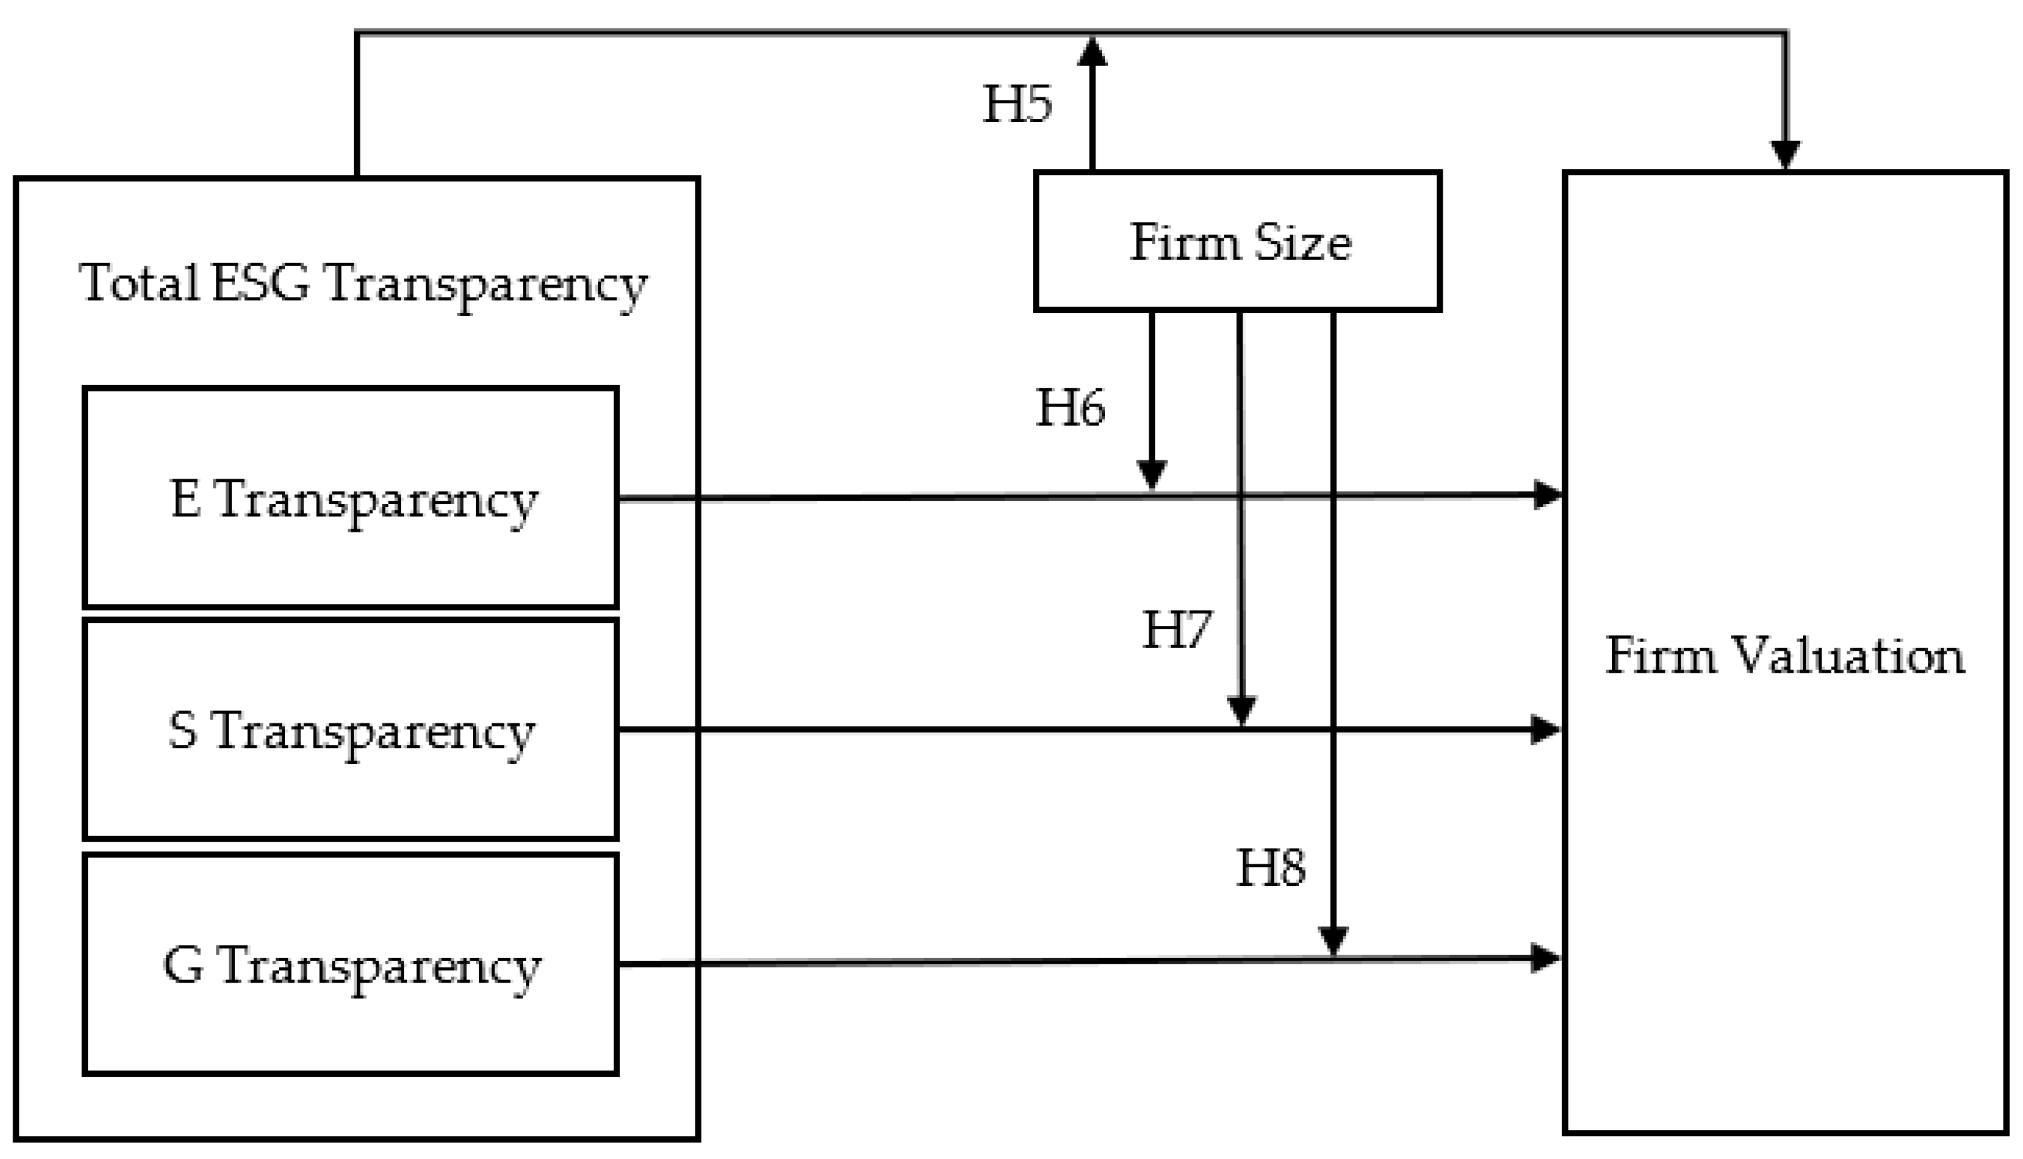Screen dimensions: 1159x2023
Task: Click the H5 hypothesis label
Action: coord(1017,104)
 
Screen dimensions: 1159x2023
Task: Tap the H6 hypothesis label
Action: coord(1070,408)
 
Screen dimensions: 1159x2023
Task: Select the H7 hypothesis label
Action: coord(1177,630)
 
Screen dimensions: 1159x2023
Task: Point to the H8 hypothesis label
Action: coord(1270,868)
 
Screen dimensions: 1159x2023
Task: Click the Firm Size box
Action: coord(1238,241)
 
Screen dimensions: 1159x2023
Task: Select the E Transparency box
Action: coord(351,498)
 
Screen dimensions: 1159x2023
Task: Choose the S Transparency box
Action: coord(351,730)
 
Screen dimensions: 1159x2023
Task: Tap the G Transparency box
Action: coord(351,965)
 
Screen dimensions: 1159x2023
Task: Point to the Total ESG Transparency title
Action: coord(362,283)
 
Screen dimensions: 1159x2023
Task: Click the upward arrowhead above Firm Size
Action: coord(1092,52)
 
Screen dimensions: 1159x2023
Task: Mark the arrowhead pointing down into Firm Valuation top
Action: coord(1785,154)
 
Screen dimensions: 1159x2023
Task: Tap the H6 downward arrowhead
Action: coord(1152,474)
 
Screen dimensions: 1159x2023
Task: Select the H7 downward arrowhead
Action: coord(1242,710)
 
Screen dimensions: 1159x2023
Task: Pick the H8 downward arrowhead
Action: coord(1333,940)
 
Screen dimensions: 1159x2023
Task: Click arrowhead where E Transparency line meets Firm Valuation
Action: coord(1547,495)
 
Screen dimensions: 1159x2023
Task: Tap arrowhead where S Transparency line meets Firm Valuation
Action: coord(1546,729)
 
